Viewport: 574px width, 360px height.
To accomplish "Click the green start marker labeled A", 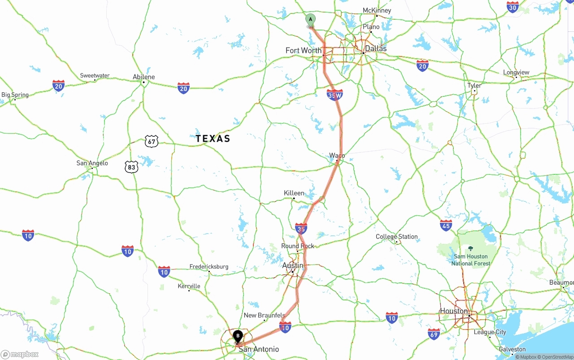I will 310,20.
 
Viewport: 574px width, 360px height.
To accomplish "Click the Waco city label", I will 337,156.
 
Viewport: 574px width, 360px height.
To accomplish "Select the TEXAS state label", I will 213,139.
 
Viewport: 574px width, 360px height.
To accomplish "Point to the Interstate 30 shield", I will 513,7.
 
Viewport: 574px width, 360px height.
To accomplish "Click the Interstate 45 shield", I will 446,225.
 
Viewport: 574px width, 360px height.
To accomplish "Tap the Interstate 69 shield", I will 434,334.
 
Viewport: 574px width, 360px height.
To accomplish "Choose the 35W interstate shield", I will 335,95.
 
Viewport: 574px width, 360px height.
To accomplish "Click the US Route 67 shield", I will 152,142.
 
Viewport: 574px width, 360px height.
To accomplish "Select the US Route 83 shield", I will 131,167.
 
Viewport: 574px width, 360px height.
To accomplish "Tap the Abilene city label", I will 144,77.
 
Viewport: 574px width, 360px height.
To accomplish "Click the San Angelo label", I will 92,163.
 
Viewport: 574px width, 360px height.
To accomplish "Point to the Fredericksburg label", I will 209,266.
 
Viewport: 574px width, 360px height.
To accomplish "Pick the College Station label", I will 397,236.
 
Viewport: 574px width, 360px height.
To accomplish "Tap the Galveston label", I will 512,349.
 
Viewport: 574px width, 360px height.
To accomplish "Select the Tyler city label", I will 474,85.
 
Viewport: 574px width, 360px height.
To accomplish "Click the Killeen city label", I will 294,193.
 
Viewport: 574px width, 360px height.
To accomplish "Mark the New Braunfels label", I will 265,315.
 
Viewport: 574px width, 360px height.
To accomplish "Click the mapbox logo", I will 20,354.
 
